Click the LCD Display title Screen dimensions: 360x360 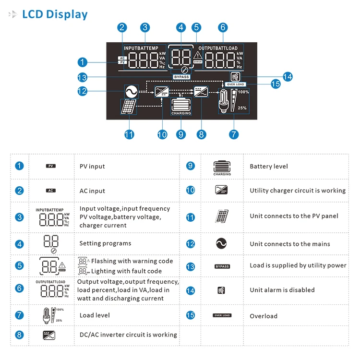point(55,14)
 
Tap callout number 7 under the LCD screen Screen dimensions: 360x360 point(234,134)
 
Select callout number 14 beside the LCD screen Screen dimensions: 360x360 point(288,76)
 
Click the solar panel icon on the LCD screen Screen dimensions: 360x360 point(128,107)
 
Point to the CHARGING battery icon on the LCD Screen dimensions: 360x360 point(181,105)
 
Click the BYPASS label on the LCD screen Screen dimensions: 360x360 point(181,77)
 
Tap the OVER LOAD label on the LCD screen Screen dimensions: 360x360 point(236,84)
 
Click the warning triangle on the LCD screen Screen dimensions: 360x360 point(198,55)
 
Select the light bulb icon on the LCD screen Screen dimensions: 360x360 point(224,102)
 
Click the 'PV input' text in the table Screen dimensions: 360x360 point(92,167)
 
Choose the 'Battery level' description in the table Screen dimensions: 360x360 point(269,167)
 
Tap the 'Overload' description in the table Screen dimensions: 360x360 point(264,316)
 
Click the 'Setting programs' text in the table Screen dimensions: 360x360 point(105,243)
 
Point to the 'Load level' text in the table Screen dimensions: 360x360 point(95,315)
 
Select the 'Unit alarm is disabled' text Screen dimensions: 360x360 point(282,290)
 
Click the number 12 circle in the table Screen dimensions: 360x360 point(191,244)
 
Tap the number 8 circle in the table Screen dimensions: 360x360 point(19,335)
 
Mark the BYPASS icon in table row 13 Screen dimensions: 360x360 point(222,266)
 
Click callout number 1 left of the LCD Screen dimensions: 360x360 point(83,62)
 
